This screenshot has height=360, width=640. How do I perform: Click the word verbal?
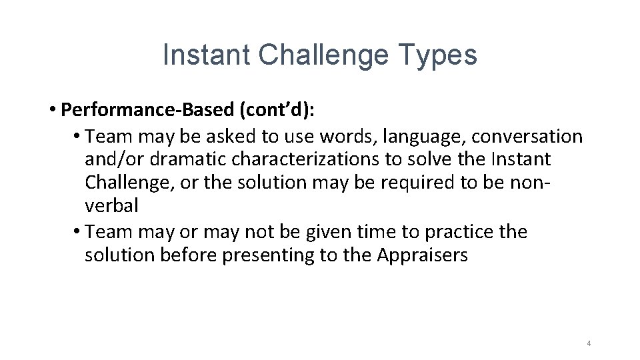pos(111,206)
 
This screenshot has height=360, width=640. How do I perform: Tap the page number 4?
pos(589,343)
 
